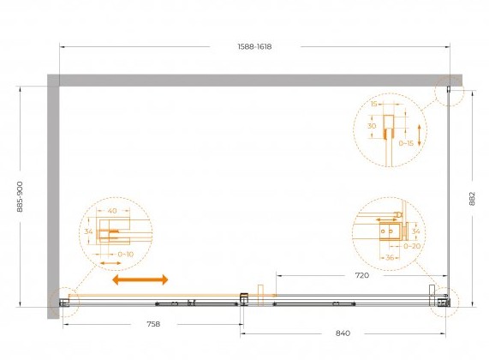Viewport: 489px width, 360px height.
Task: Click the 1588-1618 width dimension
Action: [x=254, y=47]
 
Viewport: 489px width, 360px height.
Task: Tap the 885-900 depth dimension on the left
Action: [x=20, y=196]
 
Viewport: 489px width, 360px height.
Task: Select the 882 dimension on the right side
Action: [x=472, y=199]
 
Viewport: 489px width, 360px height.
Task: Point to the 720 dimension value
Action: [x=362, y=275]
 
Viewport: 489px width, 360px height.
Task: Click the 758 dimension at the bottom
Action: [x=153, y=324]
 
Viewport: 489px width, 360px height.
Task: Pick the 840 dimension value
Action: [x=343, y=333]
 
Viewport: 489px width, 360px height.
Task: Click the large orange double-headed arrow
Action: [x=140, y=279]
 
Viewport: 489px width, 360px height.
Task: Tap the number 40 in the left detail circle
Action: [x=112, y=211]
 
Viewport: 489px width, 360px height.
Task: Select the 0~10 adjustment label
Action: [x=126, y=255]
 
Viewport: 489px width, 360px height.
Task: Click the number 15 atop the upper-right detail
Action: [x=374, y=104]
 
